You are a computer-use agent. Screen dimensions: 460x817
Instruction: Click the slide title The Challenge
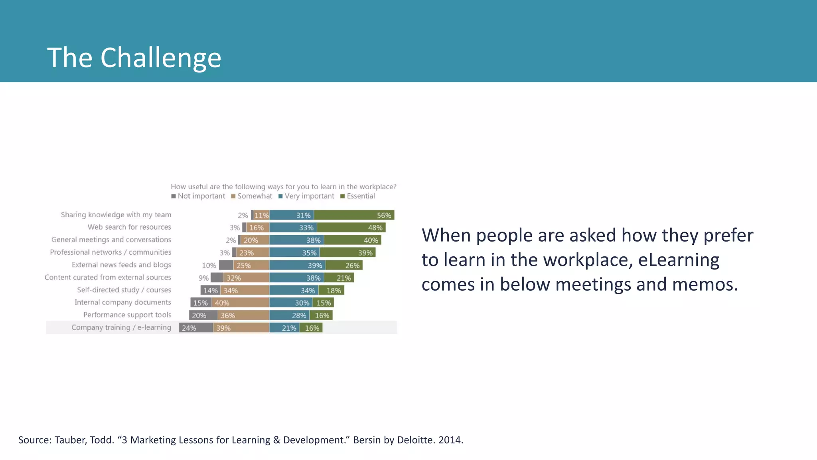[x=134, y=57]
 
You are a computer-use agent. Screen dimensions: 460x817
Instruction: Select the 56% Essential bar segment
[x=354, y=215]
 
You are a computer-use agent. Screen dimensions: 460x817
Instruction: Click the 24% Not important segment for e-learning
[x=196, y=328]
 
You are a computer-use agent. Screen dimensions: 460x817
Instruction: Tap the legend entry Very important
[x=306, y=196]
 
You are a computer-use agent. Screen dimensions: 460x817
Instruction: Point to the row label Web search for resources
[x=129, y=227]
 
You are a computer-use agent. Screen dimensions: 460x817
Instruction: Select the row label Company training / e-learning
[x=121, y=327]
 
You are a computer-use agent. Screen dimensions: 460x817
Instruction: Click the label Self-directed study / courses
[x=124, y=290]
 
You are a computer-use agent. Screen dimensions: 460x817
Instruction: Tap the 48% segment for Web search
[x=351, y=228]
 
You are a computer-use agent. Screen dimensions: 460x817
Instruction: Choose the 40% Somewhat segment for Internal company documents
[x=240, y=303]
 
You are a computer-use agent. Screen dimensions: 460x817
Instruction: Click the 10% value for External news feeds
[x=209, y=266]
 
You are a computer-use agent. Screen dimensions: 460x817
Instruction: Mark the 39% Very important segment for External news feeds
[x=297, y=265]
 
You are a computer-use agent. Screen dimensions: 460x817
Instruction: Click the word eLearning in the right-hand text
[x=679, y=260]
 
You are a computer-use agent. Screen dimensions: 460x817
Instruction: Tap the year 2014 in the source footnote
[x=450, y=440]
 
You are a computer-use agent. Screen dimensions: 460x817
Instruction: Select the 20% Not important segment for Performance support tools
[x=203, y=315]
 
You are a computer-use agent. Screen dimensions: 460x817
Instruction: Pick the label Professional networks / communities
[x=111, y=252]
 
